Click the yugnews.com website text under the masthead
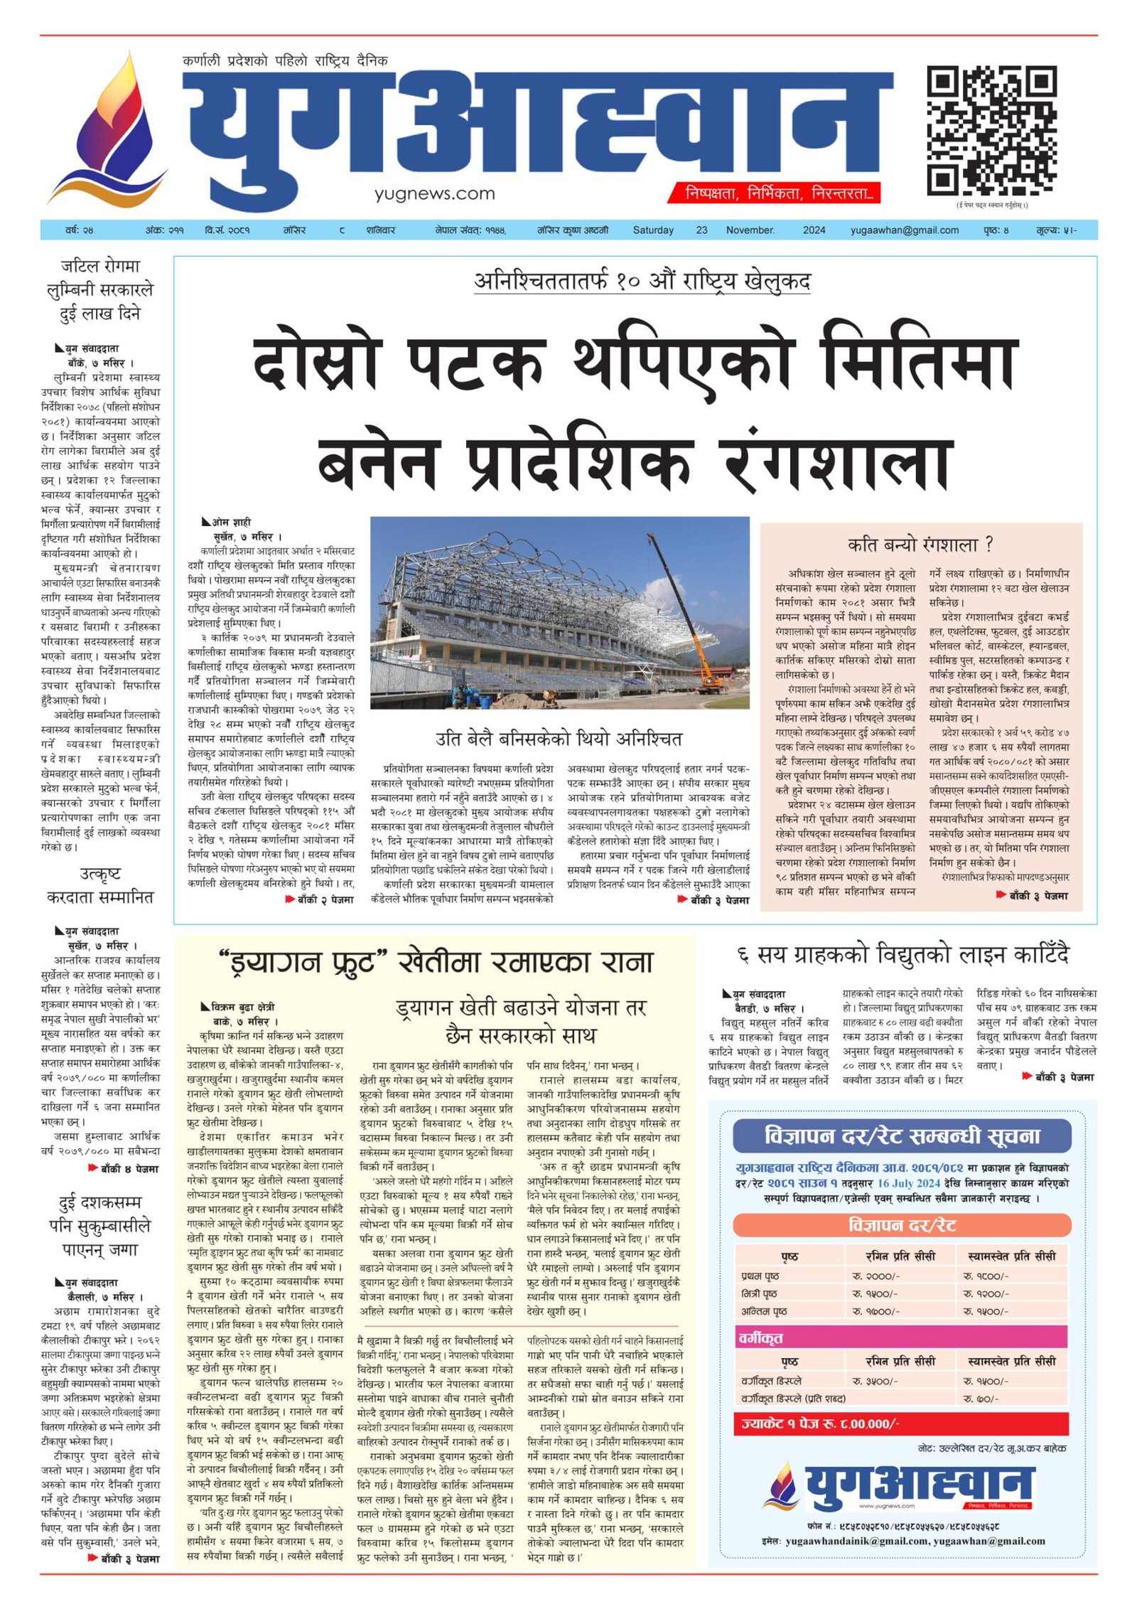[x=434, y=193]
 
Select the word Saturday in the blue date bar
[x=653, y=230]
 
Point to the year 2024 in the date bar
[x=814, y=230]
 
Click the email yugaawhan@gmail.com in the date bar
[x=904, y=230]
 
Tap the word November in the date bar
[x=750, y=230]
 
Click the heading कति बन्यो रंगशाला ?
[x=920, y=545]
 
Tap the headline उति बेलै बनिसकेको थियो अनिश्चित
[x=559, y=739]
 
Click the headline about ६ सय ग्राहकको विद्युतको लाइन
[x=902, y=955]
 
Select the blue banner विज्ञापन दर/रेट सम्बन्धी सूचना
[x=902, y=1135]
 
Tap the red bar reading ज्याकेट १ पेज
[x=902, y=1423]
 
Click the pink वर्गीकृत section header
[x=902, y=1337]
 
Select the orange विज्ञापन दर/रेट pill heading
[x=902, y=1225]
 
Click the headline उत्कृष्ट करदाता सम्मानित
[x=100, y=886]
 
